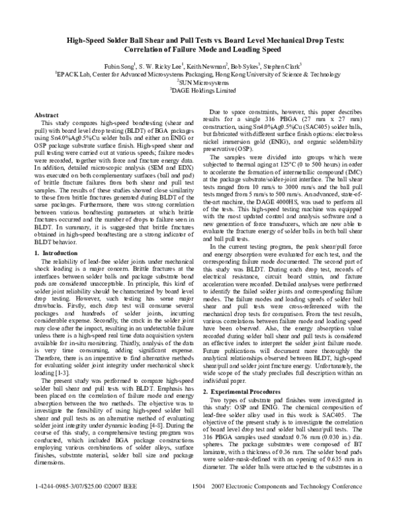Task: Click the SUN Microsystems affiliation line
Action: pyautogui.click(x=199, y=83)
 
